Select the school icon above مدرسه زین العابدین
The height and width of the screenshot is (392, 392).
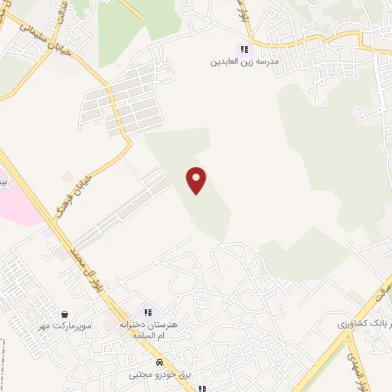[244, 49]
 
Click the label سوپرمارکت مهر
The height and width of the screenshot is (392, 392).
[67, 326]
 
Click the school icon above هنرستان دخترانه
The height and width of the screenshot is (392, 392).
[148, 312]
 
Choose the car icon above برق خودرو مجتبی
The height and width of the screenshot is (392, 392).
[158, 363]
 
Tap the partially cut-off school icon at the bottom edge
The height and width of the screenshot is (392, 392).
[201, 388]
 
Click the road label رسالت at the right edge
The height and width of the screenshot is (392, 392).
[384, 292]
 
